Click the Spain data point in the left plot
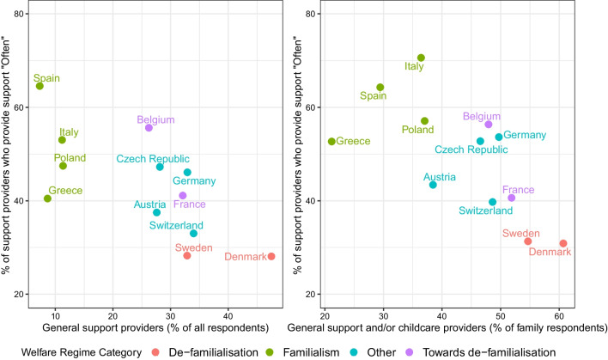tap(40, 86)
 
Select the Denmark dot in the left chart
tap(271, 256)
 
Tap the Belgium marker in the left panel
tap(149, 128)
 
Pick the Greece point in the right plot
tap(331, 142)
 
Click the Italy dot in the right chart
tap(421, 58)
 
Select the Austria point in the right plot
tap(433, 185)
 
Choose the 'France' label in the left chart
tap(189, 204)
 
